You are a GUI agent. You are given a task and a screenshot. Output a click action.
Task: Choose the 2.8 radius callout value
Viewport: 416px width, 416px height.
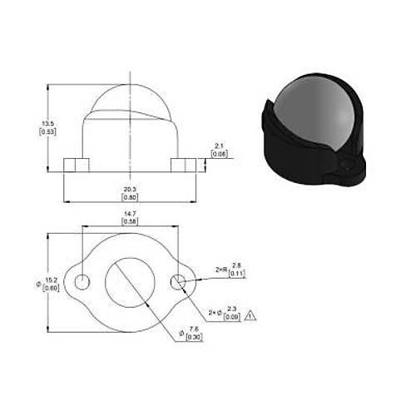[x=235, y=265]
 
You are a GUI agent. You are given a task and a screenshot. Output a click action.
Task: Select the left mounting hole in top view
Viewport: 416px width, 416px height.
[x=82, y=283]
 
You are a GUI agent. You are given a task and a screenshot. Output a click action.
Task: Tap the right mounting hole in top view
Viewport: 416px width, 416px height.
[x=177, y=283]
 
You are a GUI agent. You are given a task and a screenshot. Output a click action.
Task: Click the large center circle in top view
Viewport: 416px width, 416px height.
[x=130, y=283]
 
